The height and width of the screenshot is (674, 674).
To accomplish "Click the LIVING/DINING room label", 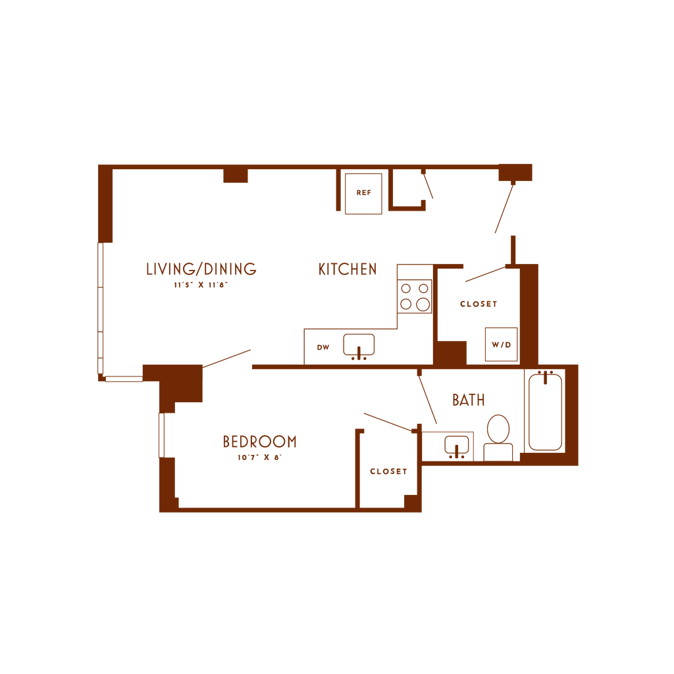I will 201,269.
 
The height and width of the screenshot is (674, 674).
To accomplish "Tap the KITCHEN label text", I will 348,269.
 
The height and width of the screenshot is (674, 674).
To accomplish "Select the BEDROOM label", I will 259,441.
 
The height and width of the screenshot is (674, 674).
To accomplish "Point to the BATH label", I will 469,400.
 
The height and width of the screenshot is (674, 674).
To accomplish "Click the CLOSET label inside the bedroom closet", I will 388,471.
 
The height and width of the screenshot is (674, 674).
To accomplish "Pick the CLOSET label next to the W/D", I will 478,304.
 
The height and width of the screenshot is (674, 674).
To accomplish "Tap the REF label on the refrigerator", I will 363,193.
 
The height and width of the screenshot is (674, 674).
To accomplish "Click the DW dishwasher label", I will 323,348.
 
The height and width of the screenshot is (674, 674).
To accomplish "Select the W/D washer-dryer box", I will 501,344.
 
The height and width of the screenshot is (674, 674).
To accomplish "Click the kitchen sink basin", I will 359,344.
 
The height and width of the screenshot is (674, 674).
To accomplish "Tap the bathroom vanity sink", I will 456,445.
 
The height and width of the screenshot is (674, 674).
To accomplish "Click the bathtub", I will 545,413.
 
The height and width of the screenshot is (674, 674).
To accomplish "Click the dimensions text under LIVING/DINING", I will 200,286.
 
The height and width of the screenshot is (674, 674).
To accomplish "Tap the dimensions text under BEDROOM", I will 259,457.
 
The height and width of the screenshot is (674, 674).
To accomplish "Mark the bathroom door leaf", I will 427,400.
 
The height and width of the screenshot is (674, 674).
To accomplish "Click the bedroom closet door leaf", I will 388,422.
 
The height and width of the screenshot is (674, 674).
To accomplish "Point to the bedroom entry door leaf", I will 228,358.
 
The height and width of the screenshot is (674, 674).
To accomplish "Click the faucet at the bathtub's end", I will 545,377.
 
